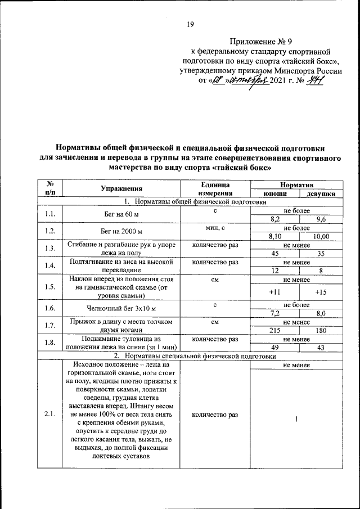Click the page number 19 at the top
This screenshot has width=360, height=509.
coord(190,24)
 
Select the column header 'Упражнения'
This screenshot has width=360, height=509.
coord(121,188)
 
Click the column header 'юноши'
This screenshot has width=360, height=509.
coord(275,193)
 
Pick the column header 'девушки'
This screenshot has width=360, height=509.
coord(321,193)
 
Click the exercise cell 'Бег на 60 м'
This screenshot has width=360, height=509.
coord(121,214)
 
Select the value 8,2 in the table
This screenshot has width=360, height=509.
coord(275,219)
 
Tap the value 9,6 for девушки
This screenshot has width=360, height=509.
coord(321,219)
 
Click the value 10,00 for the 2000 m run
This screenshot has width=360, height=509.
coord(321,237)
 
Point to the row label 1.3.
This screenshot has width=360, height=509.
coord(50,249)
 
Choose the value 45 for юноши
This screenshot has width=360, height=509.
coord(275,254)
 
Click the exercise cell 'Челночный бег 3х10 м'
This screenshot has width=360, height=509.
coord(121,309)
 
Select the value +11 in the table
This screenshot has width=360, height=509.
coord(275,292)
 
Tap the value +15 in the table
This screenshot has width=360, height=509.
coord(321,292)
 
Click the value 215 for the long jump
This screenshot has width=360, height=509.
coord(275,331)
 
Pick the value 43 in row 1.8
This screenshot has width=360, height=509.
coord(321,348)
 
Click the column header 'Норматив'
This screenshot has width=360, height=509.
coord(298,184)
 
